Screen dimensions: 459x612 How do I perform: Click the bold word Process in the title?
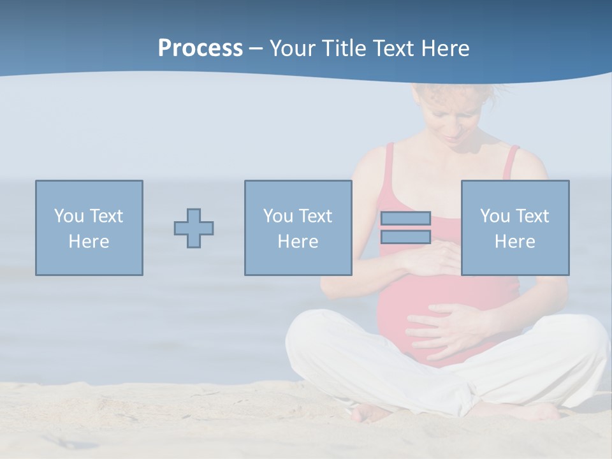(x=200, y=48)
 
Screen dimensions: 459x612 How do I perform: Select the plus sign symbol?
(x=194, y=228)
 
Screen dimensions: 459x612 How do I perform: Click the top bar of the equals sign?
(x=405, y=219)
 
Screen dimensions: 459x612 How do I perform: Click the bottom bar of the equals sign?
(x=405, y=237)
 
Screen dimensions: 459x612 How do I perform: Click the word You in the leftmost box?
(x=69, y=216)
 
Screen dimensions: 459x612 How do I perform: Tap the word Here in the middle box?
(x=298, y=242)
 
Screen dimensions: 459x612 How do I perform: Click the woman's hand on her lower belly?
(x=446, y=328)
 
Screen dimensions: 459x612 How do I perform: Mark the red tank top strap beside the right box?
(x=511, y=163)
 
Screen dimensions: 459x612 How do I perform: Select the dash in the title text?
(x=256, y=48)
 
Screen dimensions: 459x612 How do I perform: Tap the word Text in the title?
(x=393, y=48)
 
